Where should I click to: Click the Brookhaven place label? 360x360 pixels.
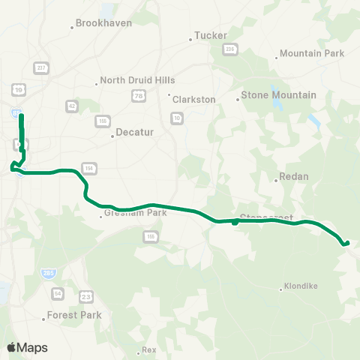coord(104,23)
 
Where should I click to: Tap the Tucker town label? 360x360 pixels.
coord(209,35)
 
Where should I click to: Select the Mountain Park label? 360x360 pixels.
coord(310,54)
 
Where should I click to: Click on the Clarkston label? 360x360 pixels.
coord(193,99)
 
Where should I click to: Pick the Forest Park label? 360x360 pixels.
coord(73,316)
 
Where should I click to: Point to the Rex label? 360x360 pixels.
coord(148,350)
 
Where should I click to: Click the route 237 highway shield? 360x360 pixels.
coord(40,67)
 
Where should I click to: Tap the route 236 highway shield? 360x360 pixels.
coord(229,49)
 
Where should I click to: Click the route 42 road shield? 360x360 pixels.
coord(71,106)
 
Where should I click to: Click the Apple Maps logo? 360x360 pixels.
coord(27,347)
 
